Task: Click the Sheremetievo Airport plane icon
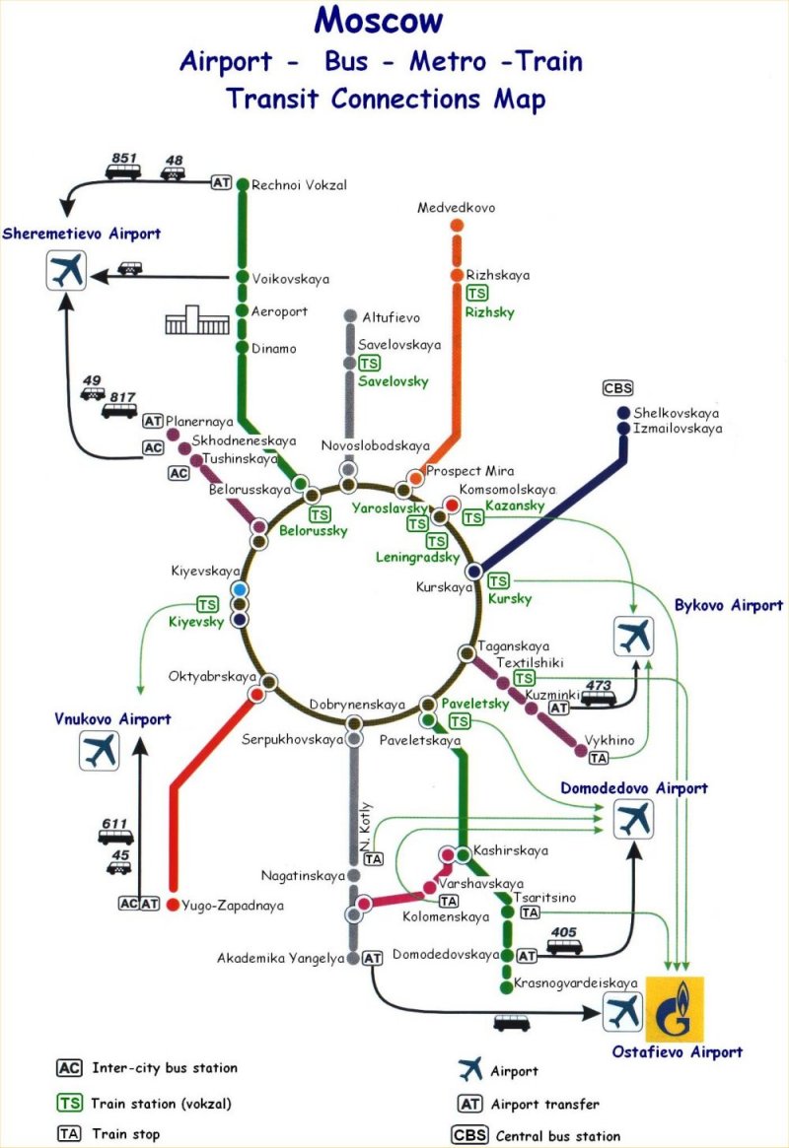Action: pyautogui.click(x=67, y=270)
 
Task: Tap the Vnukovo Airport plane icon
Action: pyautogui.click(x=99, y=751)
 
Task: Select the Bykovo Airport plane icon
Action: pyautogui.click(x=634, y=636)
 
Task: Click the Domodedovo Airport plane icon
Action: pyautogui.click(x=634, y=819)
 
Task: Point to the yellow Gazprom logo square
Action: pyautogui.click(x=674, y=1008)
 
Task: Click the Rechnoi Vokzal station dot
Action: pyautogui.click(x=243, y=184)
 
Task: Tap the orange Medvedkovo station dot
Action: pyautogui.click(x=458, y=225)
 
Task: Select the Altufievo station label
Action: pyautogui.click(x=392, y=317)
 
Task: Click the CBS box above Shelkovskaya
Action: pyautogui.click(x=617, y=388)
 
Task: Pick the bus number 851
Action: pyautogui.click(x=124, y=158)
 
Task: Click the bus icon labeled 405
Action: pyautogui.click(x=564, y=947)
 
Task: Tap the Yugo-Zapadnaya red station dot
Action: pyautogui.click(x=173, y=905)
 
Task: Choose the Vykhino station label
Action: pyautogui.click(x=610, y=740)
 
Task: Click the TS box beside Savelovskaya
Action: pyautogui.click(x=369, y=364)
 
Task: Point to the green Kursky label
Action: pyautogui.click(x=510, y=599)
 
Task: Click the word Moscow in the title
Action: pyautogui.click(x=379, y=20)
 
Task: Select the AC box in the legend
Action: pyautogui.click(x=70, y=1068)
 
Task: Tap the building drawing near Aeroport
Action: pyautogui.click(x=197, y=320)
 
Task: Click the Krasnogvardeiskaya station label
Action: pyautogui.click(x=576, y=983)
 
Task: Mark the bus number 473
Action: pyautogui.click(x=599, y=685)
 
